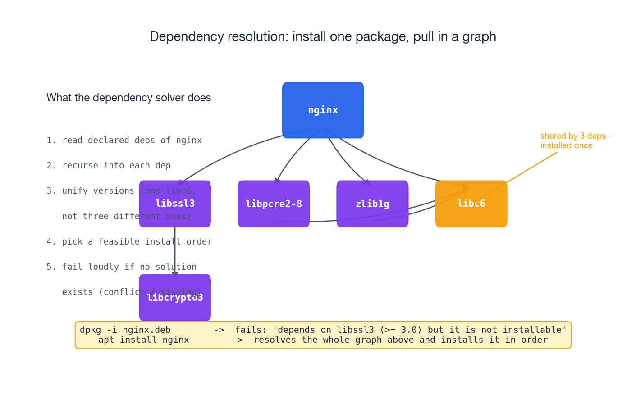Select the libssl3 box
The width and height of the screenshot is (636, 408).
[175, 204]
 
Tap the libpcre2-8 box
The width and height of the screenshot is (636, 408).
[274, 204]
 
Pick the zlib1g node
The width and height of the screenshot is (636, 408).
[372, 204]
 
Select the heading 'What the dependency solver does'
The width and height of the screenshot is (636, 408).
[128, 98]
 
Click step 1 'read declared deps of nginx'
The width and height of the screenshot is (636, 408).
[124, 141]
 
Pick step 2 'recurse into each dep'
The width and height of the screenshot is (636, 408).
[108, 166]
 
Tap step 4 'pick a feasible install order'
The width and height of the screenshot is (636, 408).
[129, 242]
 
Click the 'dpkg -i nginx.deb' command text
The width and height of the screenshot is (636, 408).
[125, 330]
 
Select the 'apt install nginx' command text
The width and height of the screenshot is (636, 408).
[143, 340]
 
